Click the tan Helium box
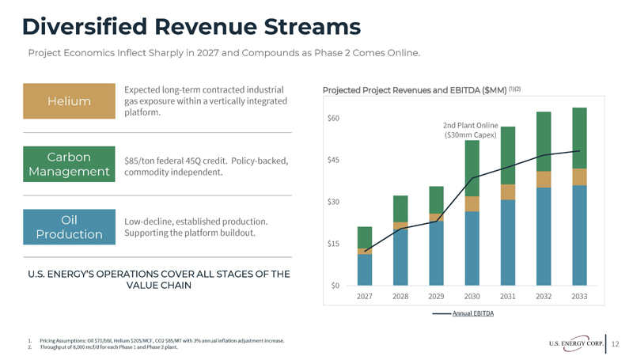tap(69, 101)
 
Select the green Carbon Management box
tap(69, 164)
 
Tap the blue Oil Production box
tap(69, 226)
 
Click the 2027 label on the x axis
tap(365, 296)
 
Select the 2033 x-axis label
tap(579, 296)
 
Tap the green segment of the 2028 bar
tap(400, 209)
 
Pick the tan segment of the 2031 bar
tap(508, 192)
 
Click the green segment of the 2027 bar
tap(365, 237)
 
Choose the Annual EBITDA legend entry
tap(473, 314)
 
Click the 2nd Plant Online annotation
tap(470, 130)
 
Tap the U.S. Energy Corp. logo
tap(574, 342)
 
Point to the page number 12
tap(616, 342)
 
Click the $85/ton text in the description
tap(141, 161)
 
